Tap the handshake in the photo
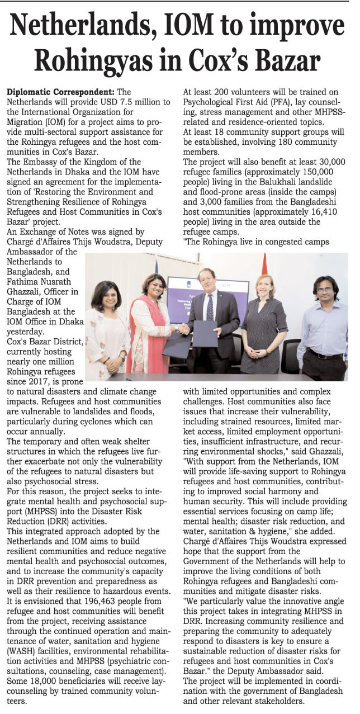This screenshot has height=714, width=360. (183, 329)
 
